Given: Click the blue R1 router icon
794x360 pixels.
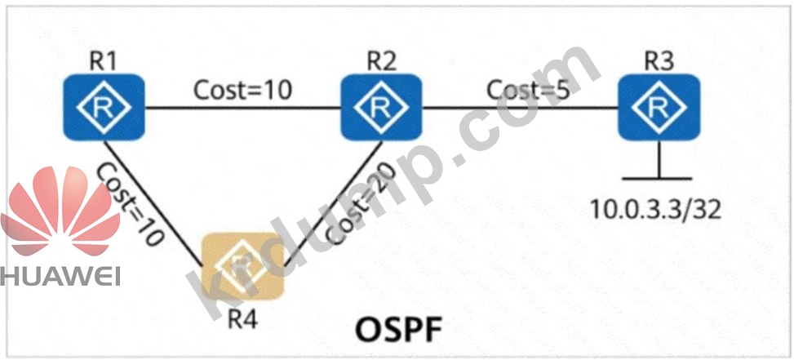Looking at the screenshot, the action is coord(104,107).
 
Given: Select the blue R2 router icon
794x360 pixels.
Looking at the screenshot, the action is coord(381,107).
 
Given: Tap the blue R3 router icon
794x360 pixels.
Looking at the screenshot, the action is coord(659,107).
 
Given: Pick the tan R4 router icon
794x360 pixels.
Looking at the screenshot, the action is coord(243,266).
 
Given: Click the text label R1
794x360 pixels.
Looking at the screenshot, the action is coord(104,62).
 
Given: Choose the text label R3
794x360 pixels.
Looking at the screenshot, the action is coord(659,62).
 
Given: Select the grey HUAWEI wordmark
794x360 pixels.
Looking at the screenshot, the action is coord(60,277).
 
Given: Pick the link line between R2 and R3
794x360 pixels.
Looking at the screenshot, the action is coord(520,108).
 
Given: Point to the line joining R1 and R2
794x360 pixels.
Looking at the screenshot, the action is coord(242,108).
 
